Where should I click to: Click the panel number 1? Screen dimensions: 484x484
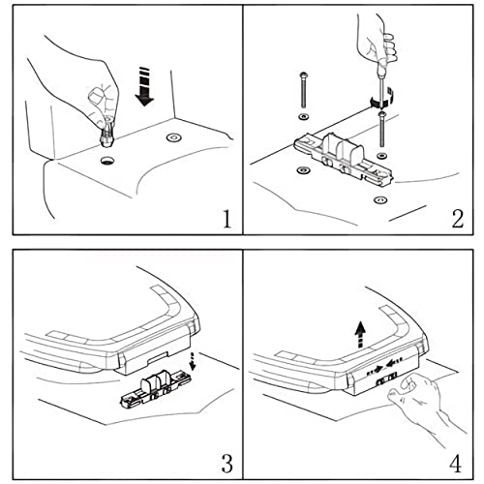click(x=227, y=219)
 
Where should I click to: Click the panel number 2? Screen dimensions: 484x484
click(x=457, y=219)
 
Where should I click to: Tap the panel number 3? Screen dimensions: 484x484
click(x=227, y=464)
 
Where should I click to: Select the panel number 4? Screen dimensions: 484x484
click(x=455, y=464)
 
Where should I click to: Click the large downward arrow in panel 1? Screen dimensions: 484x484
click(x=144, y=86)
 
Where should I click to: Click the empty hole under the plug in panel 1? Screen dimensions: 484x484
click(x=107, y=160)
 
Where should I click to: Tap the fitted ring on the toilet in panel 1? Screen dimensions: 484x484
click(x=173, y=137)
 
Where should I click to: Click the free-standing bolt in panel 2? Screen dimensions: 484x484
click(x=303, y=90)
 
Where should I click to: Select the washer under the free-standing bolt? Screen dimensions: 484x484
click(x=303, y=116)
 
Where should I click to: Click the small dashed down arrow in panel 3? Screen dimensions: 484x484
click(x=193, y=361)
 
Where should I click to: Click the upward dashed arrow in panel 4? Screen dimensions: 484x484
click(x=360, y=335)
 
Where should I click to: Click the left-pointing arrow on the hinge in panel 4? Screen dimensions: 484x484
click(x=394, y=362)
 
